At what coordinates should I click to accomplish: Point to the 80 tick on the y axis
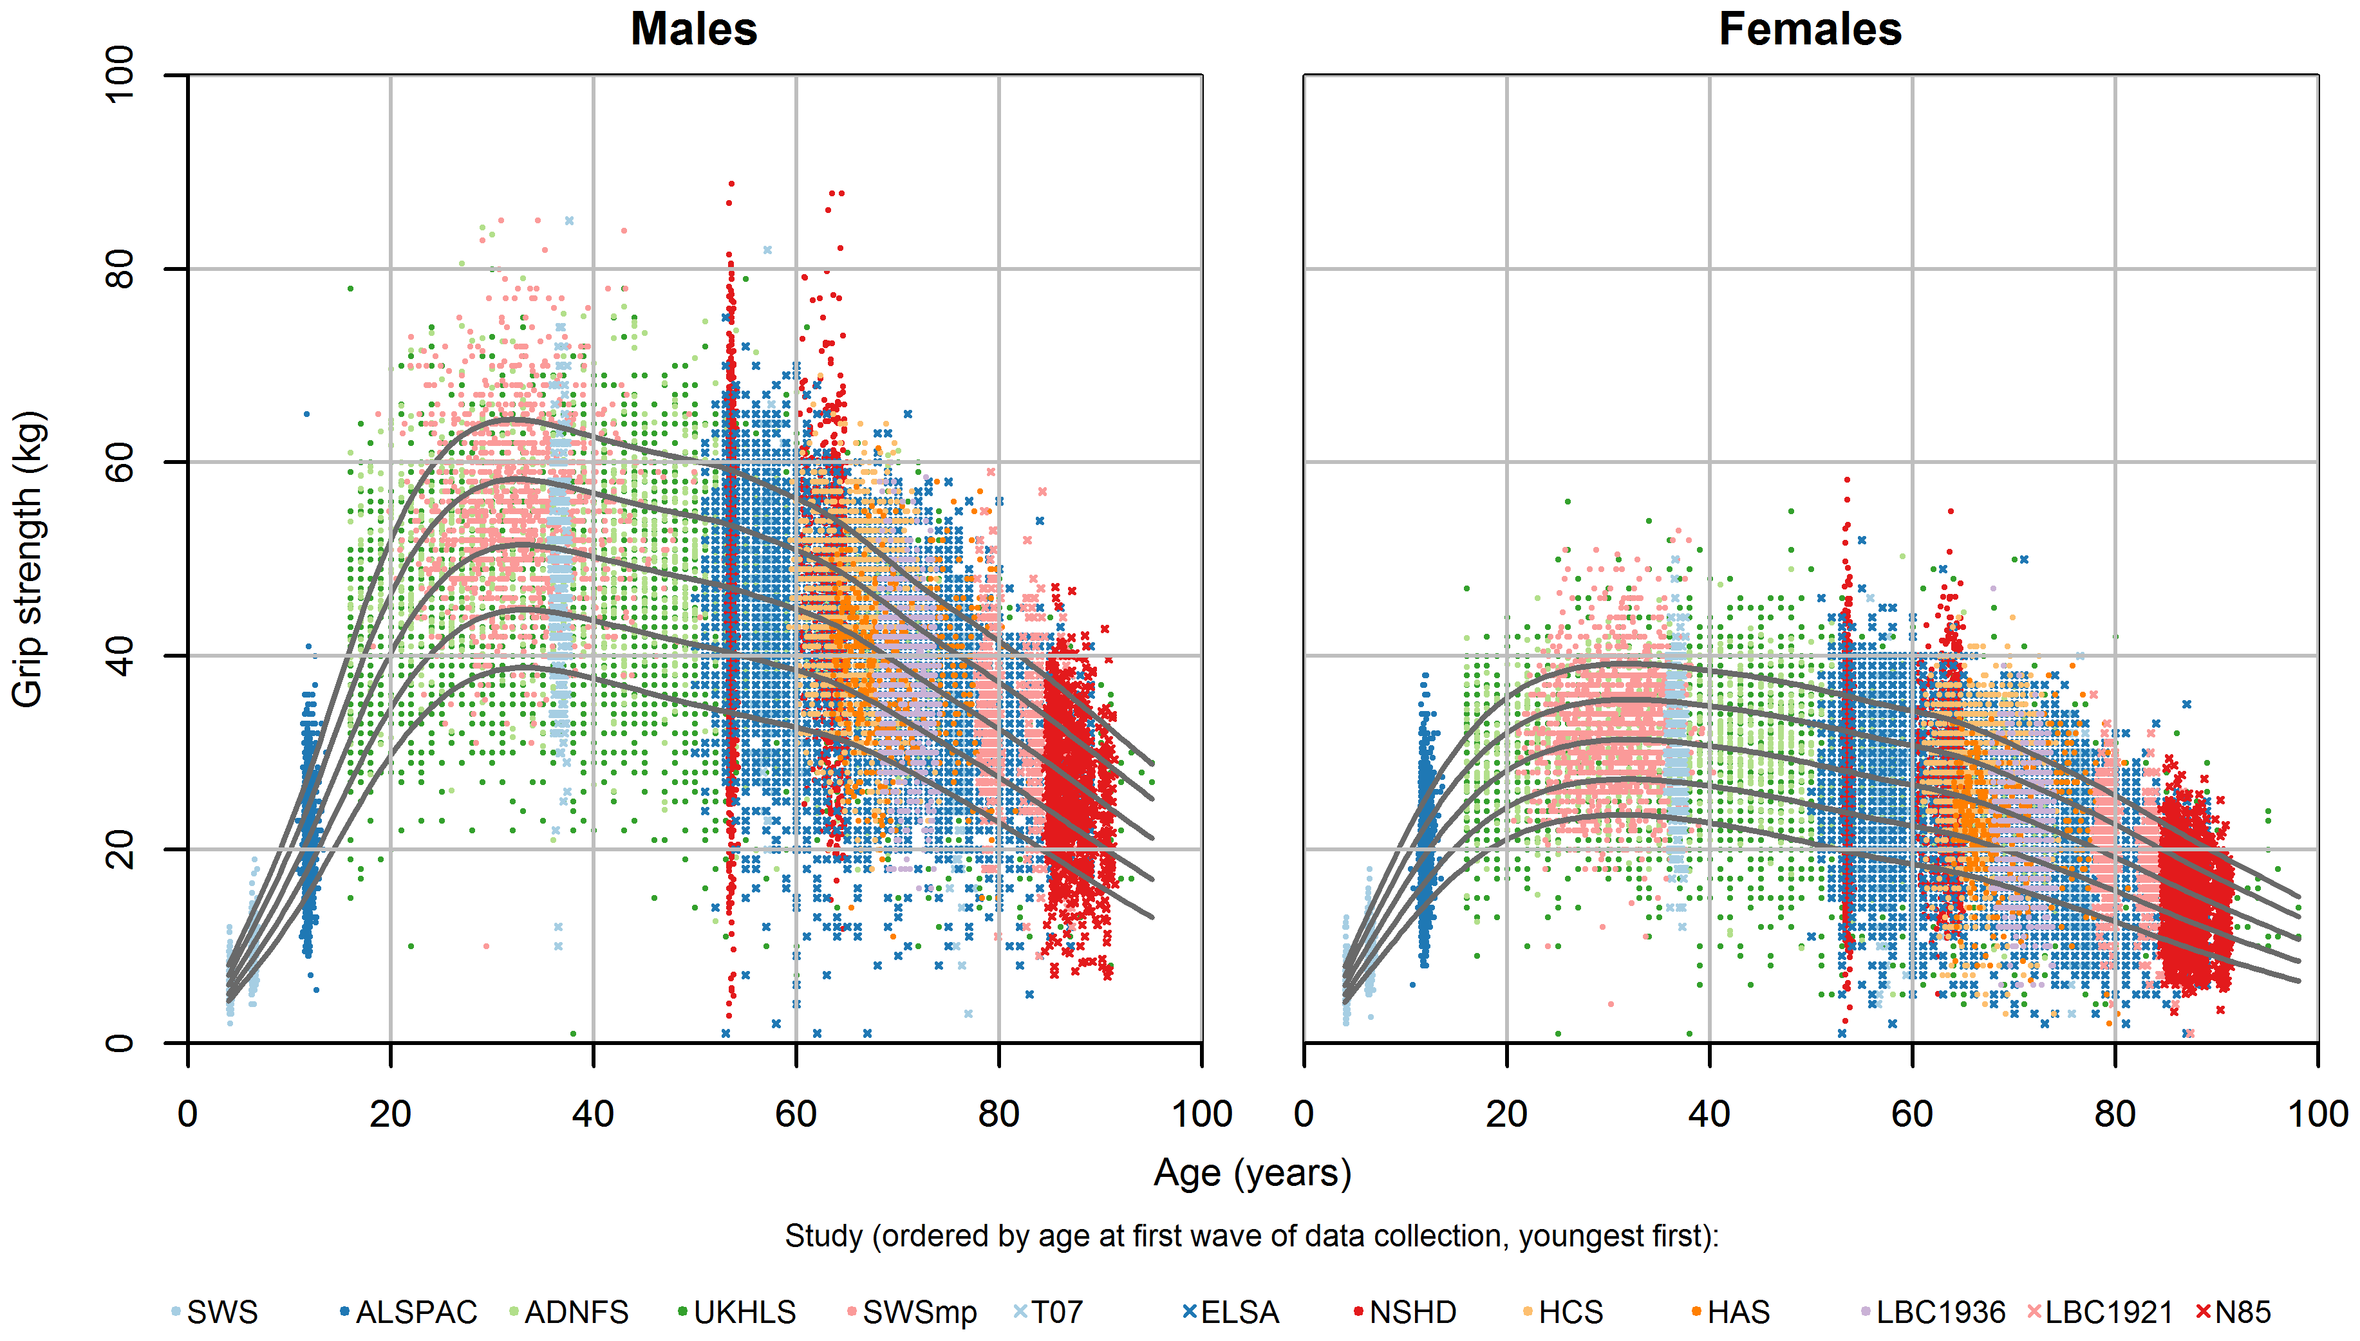pos(120,269)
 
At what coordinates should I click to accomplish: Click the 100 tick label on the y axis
pos(120,75)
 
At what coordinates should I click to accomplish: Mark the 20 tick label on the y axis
pos(120,849)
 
